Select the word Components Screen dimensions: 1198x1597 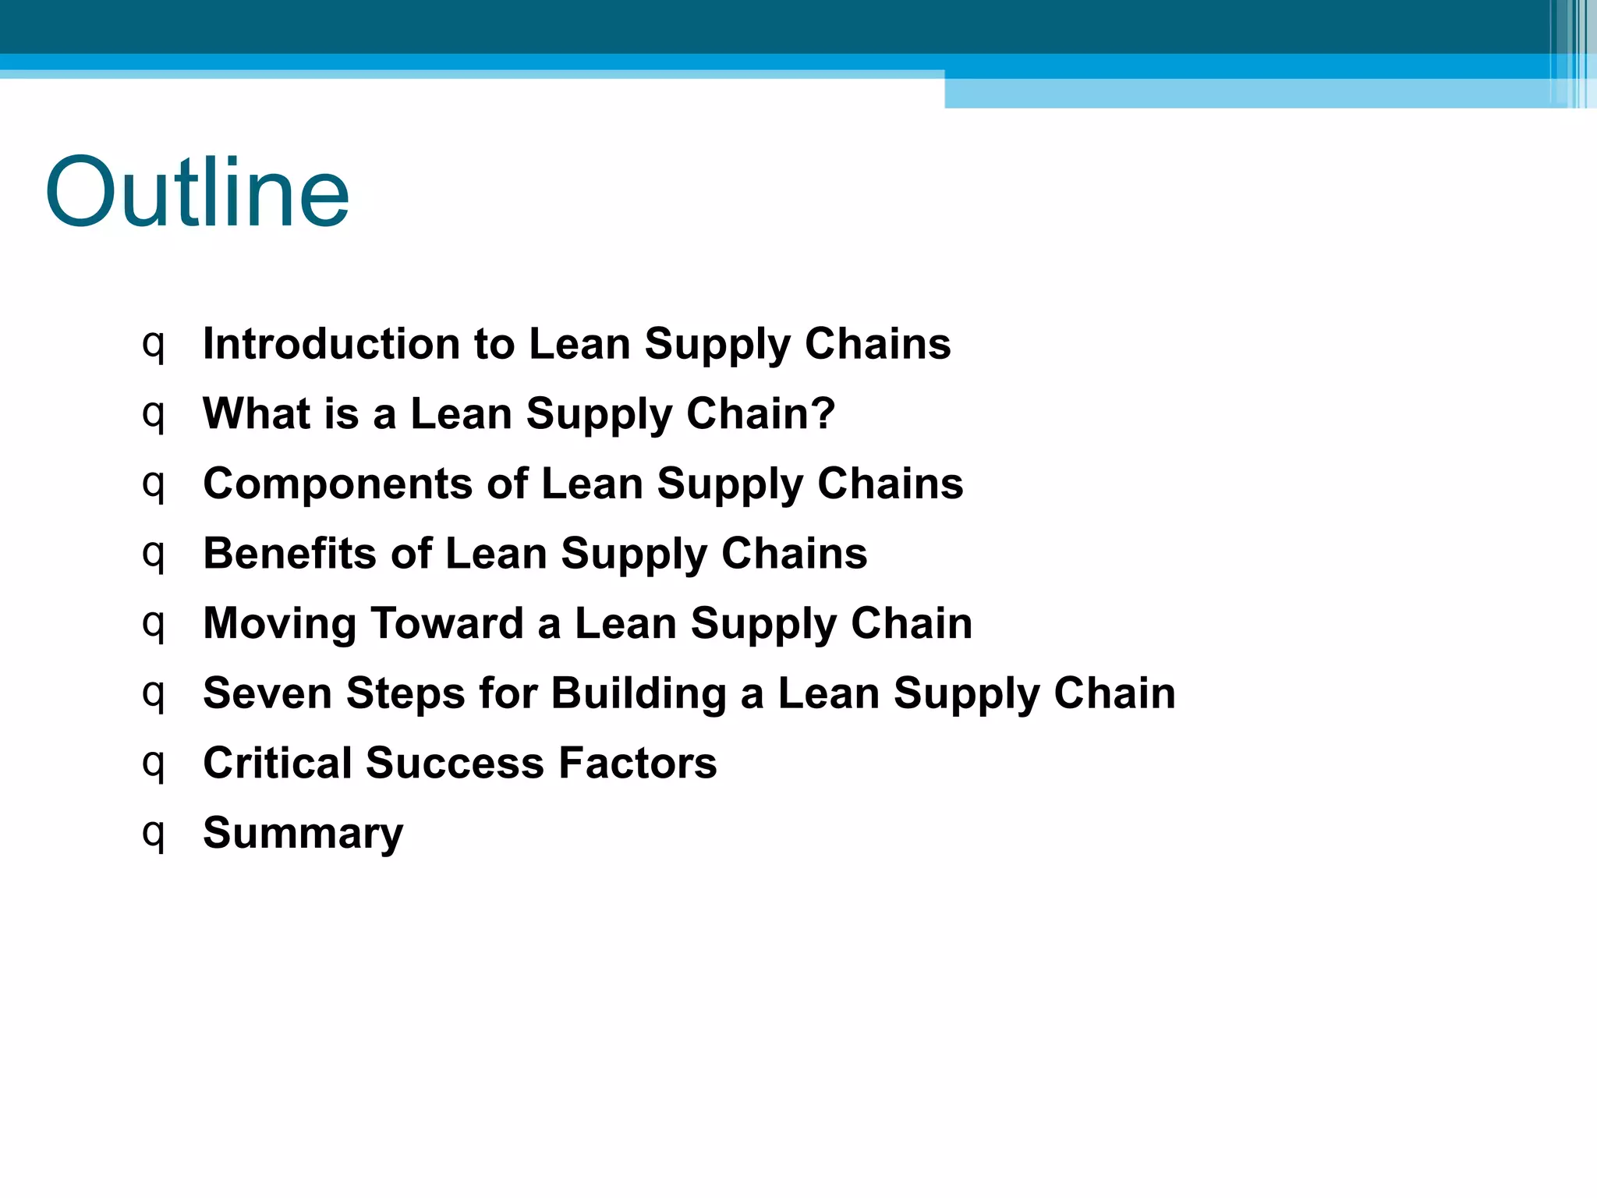click(338, 484)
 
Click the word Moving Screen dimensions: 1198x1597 click(279, 623)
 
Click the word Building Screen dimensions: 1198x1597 click(639, 693)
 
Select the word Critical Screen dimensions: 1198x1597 click(277, 763)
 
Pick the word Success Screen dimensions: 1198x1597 click(455, 763)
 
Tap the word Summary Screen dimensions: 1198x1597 click(303, 833)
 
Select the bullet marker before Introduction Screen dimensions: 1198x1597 click(154, 346)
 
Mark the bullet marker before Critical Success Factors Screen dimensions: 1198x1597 click(154, 764)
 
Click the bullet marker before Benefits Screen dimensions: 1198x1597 click(154, 555)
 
